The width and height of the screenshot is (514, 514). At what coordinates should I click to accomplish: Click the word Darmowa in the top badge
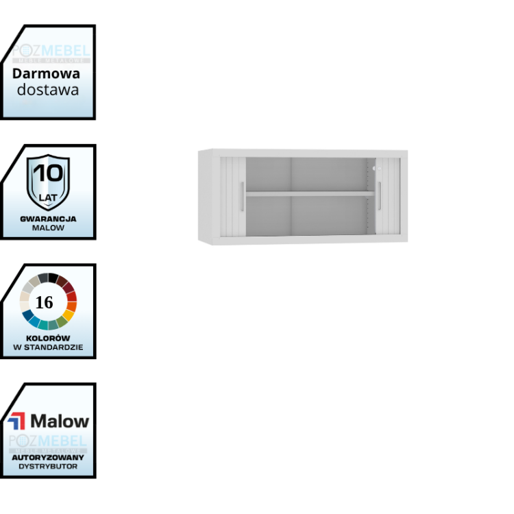46,73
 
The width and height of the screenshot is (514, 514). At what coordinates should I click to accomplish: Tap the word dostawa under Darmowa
48,89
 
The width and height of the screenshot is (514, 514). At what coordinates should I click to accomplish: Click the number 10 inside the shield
48,172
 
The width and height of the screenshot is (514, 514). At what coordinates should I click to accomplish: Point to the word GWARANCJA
48,219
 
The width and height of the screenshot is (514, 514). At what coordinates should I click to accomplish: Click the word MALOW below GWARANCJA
48,228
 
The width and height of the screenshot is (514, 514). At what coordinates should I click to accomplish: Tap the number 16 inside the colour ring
44,302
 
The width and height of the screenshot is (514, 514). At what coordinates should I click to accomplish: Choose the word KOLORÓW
48,338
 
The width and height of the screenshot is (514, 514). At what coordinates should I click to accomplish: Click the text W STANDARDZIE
48,347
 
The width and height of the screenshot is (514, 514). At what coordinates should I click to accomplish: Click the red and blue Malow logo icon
16,421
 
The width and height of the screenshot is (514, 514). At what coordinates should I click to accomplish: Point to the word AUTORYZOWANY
48,457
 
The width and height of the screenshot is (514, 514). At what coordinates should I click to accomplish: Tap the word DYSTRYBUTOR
48,466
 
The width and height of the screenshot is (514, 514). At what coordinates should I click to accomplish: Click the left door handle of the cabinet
241,197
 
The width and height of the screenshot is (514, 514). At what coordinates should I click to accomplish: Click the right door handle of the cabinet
379,197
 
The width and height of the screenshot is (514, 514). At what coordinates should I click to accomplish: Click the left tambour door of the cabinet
231,199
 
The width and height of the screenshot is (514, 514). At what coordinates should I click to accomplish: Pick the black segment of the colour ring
53,277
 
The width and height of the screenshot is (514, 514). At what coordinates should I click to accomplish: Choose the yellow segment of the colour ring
69,315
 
